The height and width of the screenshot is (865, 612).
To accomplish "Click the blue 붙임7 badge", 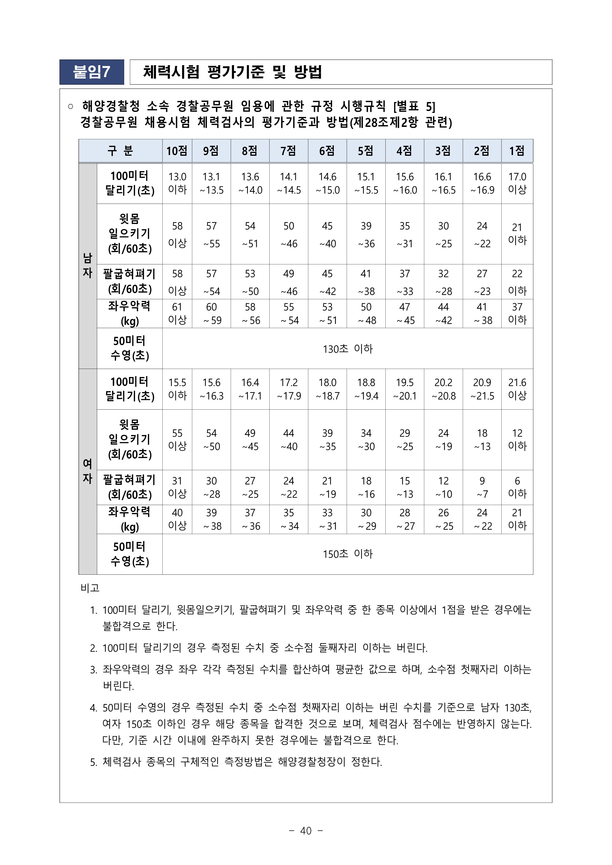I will click(x=92, y=72).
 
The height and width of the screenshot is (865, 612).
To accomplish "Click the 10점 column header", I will click(x=177, y=151).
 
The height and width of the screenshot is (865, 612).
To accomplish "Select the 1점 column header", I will click(x=517, y=151).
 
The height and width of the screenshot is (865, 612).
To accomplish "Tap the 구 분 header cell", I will click(x=120, y=151).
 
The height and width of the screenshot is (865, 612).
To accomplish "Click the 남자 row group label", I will click(x=87, y=266).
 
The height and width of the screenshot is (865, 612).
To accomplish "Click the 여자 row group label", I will click(x=87, y=471).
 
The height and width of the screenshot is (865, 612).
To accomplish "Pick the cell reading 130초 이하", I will click(x=347, y=349).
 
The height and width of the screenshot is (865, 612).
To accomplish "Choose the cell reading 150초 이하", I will click(x=347, y=554).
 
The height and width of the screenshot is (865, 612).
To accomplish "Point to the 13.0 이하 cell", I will click(x=177, y=183).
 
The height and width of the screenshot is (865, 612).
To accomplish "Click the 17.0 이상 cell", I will click(x=517, y=183).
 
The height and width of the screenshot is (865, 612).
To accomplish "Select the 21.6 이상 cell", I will click(x=517, y=389).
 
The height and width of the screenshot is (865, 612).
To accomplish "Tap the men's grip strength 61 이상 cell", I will click(x=177, y=314).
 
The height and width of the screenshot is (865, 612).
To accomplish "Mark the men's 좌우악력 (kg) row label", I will click(x=129, y=314).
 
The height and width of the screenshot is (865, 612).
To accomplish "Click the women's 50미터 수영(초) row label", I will click(x=129, y=554).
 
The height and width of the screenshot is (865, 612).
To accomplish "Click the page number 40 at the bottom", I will click(x=306, y=831).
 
